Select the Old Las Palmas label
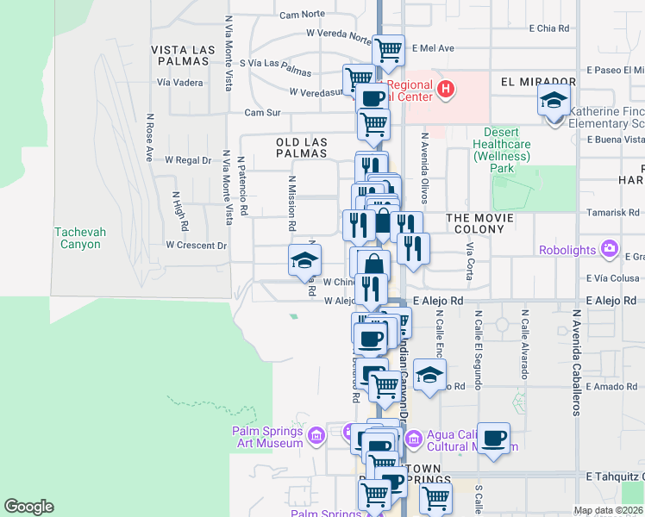(x=301, y=146)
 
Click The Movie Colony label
(x=479, y=218)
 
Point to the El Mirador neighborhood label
(x=537, y=80)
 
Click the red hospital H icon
(x=446, y=88)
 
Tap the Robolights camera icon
(x=611, y=250)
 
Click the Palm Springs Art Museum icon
(x=316, y=437)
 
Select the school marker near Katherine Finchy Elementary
(x=554, y=100)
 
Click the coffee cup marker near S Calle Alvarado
(x=494, y=438)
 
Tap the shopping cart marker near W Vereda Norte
(x=389, y=50)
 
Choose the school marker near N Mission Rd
(x=304, y=260)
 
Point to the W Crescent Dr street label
(x=196, y=246)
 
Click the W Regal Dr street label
(x=187, y=160)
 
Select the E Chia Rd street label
(x=549, y=28)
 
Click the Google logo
(x=28, y=507)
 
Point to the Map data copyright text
(x=607, y=510)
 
